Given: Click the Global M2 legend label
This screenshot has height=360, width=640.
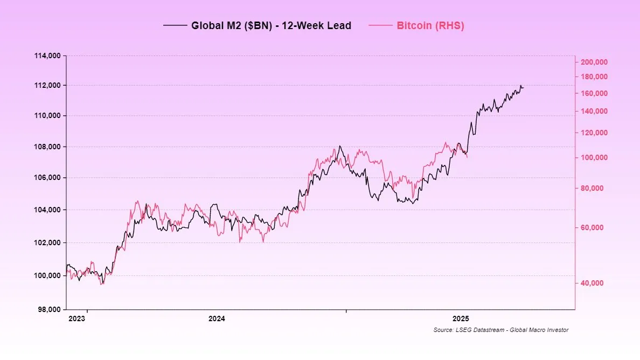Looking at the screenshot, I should (271, 25).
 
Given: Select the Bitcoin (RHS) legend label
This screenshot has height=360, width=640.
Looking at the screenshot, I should (430, 25).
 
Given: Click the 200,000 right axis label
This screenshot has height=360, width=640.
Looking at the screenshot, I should (594, 63).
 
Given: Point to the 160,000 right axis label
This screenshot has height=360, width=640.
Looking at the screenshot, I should (594, 94).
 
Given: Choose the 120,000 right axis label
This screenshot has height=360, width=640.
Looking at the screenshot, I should (594, 133).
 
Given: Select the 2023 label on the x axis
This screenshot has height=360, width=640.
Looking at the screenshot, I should (77, 319).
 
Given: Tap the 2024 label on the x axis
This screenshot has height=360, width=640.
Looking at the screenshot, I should (217, 319).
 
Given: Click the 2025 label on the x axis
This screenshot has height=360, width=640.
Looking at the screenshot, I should (462, 319).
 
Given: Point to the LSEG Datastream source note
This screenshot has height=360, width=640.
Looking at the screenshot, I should (500, 330).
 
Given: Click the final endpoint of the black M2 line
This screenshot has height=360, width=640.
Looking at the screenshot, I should (523, 88).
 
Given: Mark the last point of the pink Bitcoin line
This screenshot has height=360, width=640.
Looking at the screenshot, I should (467, 157).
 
